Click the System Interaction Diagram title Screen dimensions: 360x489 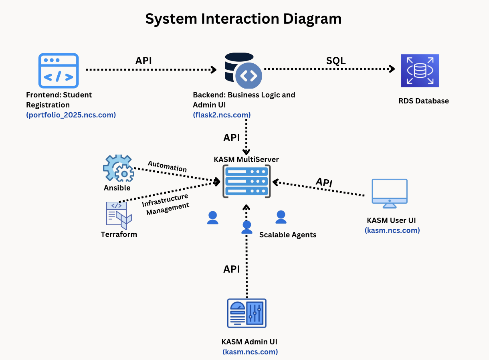[x=243, y=19]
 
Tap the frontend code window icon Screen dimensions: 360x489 [x=59, y=71]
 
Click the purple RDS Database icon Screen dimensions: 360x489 [x=420, y=71]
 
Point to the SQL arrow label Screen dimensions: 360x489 [x=335, y=61]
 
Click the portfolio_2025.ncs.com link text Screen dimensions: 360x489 [x=71, y=115]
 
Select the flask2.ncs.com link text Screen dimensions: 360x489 [x=222, y=115]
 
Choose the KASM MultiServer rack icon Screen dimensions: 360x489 [x=246, y=181]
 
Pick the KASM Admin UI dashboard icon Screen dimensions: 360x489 [x=247, y=313]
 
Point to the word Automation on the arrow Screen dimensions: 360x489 [x=167, y=166]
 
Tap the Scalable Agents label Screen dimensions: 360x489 [x=287, y=235]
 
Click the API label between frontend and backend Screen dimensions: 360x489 [x=143, y=61]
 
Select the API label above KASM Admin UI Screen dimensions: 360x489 [x=231, y=269]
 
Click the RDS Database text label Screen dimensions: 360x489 [x=423, y=101]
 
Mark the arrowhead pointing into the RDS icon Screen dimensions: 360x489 [x=392, y=69]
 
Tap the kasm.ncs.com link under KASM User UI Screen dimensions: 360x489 [x=392, y=231]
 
